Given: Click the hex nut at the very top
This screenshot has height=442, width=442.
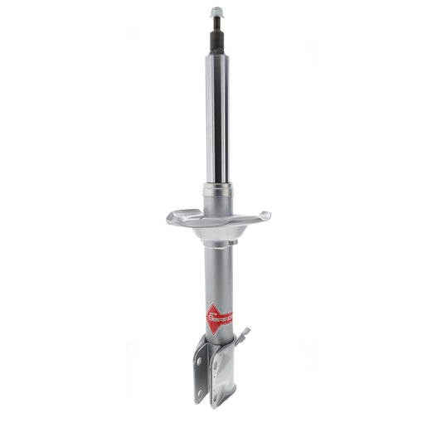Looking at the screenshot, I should pyautogui.click(x=217, y=12).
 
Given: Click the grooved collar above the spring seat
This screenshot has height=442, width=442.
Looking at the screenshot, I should pyautogui.click(x=217, y=190).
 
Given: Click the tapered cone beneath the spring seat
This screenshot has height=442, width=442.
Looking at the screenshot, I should pyautogui.click(x=217, y=236).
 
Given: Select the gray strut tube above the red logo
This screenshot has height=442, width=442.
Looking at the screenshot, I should pyautogui.click(x=217, y=274).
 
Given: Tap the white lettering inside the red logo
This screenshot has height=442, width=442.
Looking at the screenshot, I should pyautogui.click(x=221, y=318).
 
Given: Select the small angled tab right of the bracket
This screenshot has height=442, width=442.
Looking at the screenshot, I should pyautogui.click(x=242, y=336).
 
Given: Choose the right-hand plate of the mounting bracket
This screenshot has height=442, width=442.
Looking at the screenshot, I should pyautogui.click(x=225, y=373).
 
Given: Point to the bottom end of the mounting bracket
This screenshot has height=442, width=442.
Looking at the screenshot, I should pyautogui.click(x=217, y=404).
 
